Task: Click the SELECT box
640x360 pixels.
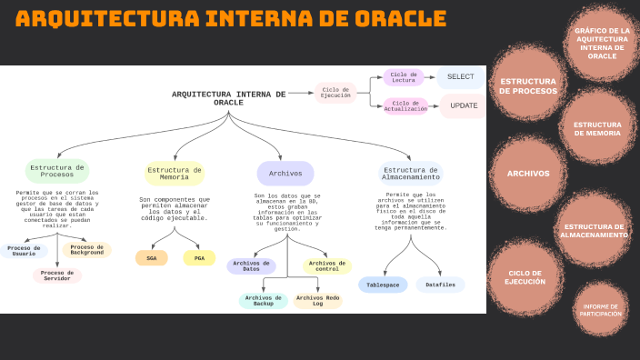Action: pyautogui.click(x=461, y=77)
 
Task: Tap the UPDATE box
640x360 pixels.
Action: pyautogui.click(x=463, y=106)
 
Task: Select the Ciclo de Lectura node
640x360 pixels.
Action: pyautogui.click(x=404, y=78)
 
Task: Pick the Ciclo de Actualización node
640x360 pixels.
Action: pyautogui.click(x=405, y=106)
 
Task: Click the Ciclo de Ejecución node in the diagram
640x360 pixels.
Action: pyautogui.click(x=335, y=92)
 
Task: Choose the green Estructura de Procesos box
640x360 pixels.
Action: pyautogui.click(x=57, y=171)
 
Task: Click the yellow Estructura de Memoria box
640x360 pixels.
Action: pyautogui.click(x=175, y=173)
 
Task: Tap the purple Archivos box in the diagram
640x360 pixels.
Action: pyautogui.click(x=285, y=173)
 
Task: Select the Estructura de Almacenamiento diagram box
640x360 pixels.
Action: pyautogui.click(x=411, y=173)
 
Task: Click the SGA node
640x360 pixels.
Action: pyautogui.click(x=152, y=258)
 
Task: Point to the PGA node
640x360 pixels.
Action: pyautogui.click(x=199, y=258)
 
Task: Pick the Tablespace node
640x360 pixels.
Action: pyautogui.click(x=383, y=285)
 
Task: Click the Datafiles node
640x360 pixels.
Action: pyautogui.click(x=441, y=285)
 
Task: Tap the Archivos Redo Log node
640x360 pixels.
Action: pyautogui.click(x=317, y=300)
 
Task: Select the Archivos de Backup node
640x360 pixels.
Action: pyautogui.click(x=264, y=300)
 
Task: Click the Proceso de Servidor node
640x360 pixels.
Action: pyautogui.click(x=57, y=275)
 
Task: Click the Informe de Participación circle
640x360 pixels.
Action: pyautogui.click(x=601, y=310)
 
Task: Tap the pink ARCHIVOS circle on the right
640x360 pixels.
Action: pyautogui.click(x=528, y=174)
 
